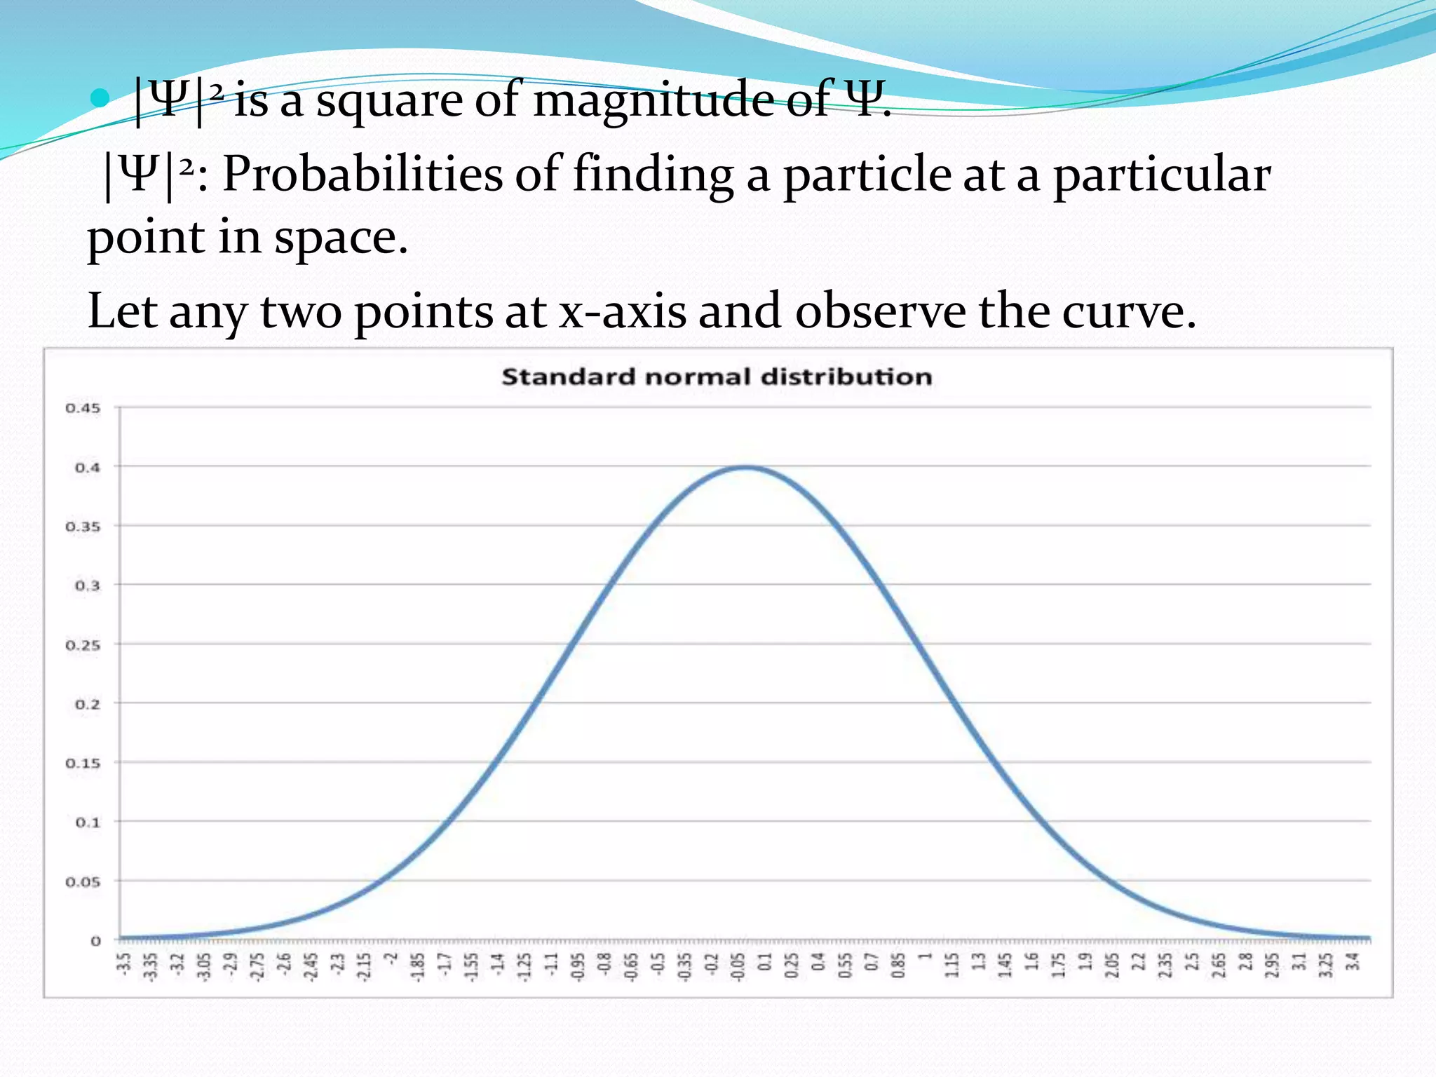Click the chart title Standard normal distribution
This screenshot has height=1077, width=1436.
[717, 377]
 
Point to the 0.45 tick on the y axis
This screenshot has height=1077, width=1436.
[83, 408]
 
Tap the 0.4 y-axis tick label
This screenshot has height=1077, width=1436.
[87, 468]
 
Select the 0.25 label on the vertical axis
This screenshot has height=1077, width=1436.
[83, 645]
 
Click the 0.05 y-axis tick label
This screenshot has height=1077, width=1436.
[83, 882]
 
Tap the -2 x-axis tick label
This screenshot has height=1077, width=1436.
[392, 958]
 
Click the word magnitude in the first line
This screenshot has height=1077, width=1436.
[653, 100]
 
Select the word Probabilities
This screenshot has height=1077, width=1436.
[363, 174]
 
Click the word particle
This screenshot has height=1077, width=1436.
[867, 174]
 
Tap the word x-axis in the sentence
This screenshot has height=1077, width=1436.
[622, 311]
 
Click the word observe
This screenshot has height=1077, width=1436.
[880, 311]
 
